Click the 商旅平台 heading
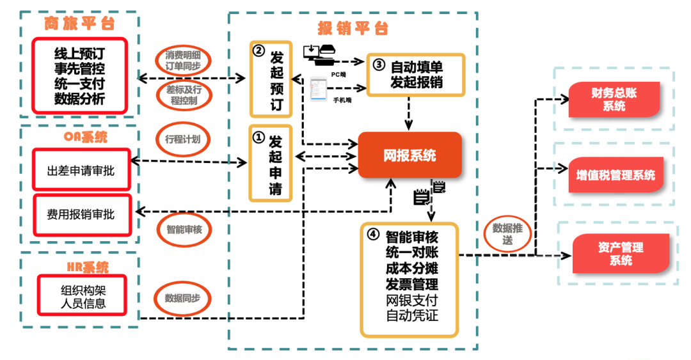[79, 24]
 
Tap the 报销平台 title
[353, 28]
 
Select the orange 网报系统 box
[409, 155]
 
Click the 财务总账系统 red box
[614, 100]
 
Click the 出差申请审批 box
[81, 171]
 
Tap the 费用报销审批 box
[81, 215]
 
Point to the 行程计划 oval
[183, 138]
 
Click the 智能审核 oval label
[184, 228]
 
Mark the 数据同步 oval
[183, 299]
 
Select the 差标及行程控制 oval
[183, 95]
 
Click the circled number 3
[378, 65]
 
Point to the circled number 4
[373, 234]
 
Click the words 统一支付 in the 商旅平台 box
[80, 83]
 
